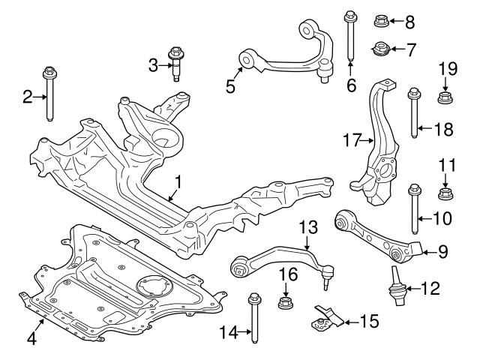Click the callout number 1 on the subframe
click(178, 182)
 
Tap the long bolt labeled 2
click(49, 93)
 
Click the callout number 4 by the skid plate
click(31, 338)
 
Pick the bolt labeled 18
click(412, 114)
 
